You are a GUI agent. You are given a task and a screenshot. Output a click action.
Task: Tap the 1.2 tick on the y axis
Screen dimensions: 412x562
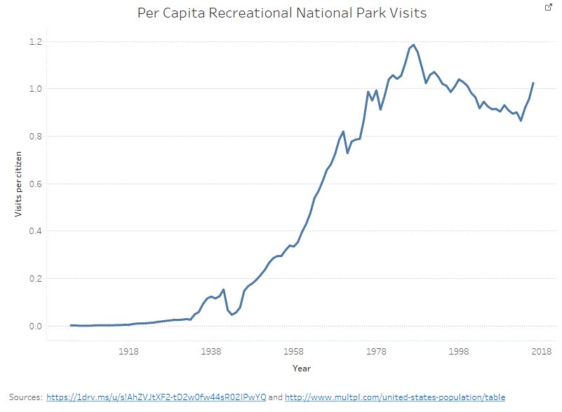coord(35,42)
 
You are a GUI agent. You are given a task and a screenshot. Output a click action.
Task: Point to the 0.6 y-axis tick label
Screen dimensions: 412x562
coord(35,184)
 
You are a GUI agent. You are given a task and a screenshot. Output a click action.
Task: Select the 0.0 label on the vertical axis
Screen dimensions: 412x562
coord(35,327)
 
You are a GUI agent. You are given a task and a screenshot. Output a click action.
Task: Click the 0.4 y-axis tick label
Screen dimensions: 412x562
coord(35,231)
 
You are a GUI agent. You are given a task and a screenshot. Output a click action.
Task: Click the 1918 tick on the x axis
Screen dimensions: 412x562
coord(128,352)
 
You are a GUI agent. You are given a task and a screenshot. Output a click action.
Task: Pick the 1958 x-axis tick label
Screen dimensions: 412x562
coord(293,352)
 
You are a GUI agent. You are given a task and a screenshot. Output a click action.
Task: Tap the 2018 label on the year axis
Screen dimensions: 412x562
coord(541,352)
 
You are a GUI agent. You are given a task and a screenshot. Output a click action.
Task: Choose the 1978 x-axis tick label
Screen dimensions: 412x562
coord(377,352)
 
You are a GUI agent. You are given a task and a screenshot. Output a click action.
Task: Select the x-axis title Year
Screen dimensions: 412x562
coord(302,368)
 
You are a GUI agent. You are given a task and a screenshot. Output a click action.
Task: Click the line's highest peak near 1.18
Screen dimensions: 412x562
coord(413,45)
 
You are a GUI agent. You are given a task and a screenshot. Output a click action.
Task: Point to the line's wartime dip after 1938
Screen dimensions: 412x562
coord(232,315)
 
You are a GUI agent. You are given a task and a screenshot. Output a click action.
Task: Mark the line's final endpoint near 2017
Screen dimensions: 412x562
coord(533,83)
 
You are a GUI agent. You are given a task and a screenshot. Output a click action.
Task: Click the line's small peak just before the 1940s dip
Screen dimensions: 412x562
coord(223,289)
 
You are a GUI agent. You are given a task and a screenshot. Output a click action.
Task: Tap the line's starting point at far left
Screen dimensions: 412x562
coord(71,325)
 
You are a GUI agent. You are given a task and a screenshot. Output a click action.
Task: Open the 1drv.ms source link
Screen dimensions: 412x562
coord(156,397)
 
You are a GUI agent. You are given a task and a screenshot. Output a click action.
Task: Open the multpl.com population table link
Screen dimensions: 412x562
coord(395,397)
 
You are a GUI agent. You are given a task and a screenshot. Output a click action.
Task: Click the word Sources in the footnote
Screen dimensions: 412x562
coord(25,397)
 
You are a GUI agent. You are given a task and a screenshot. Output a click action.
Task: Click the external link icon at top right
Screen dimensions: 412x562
coord(549,7)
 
